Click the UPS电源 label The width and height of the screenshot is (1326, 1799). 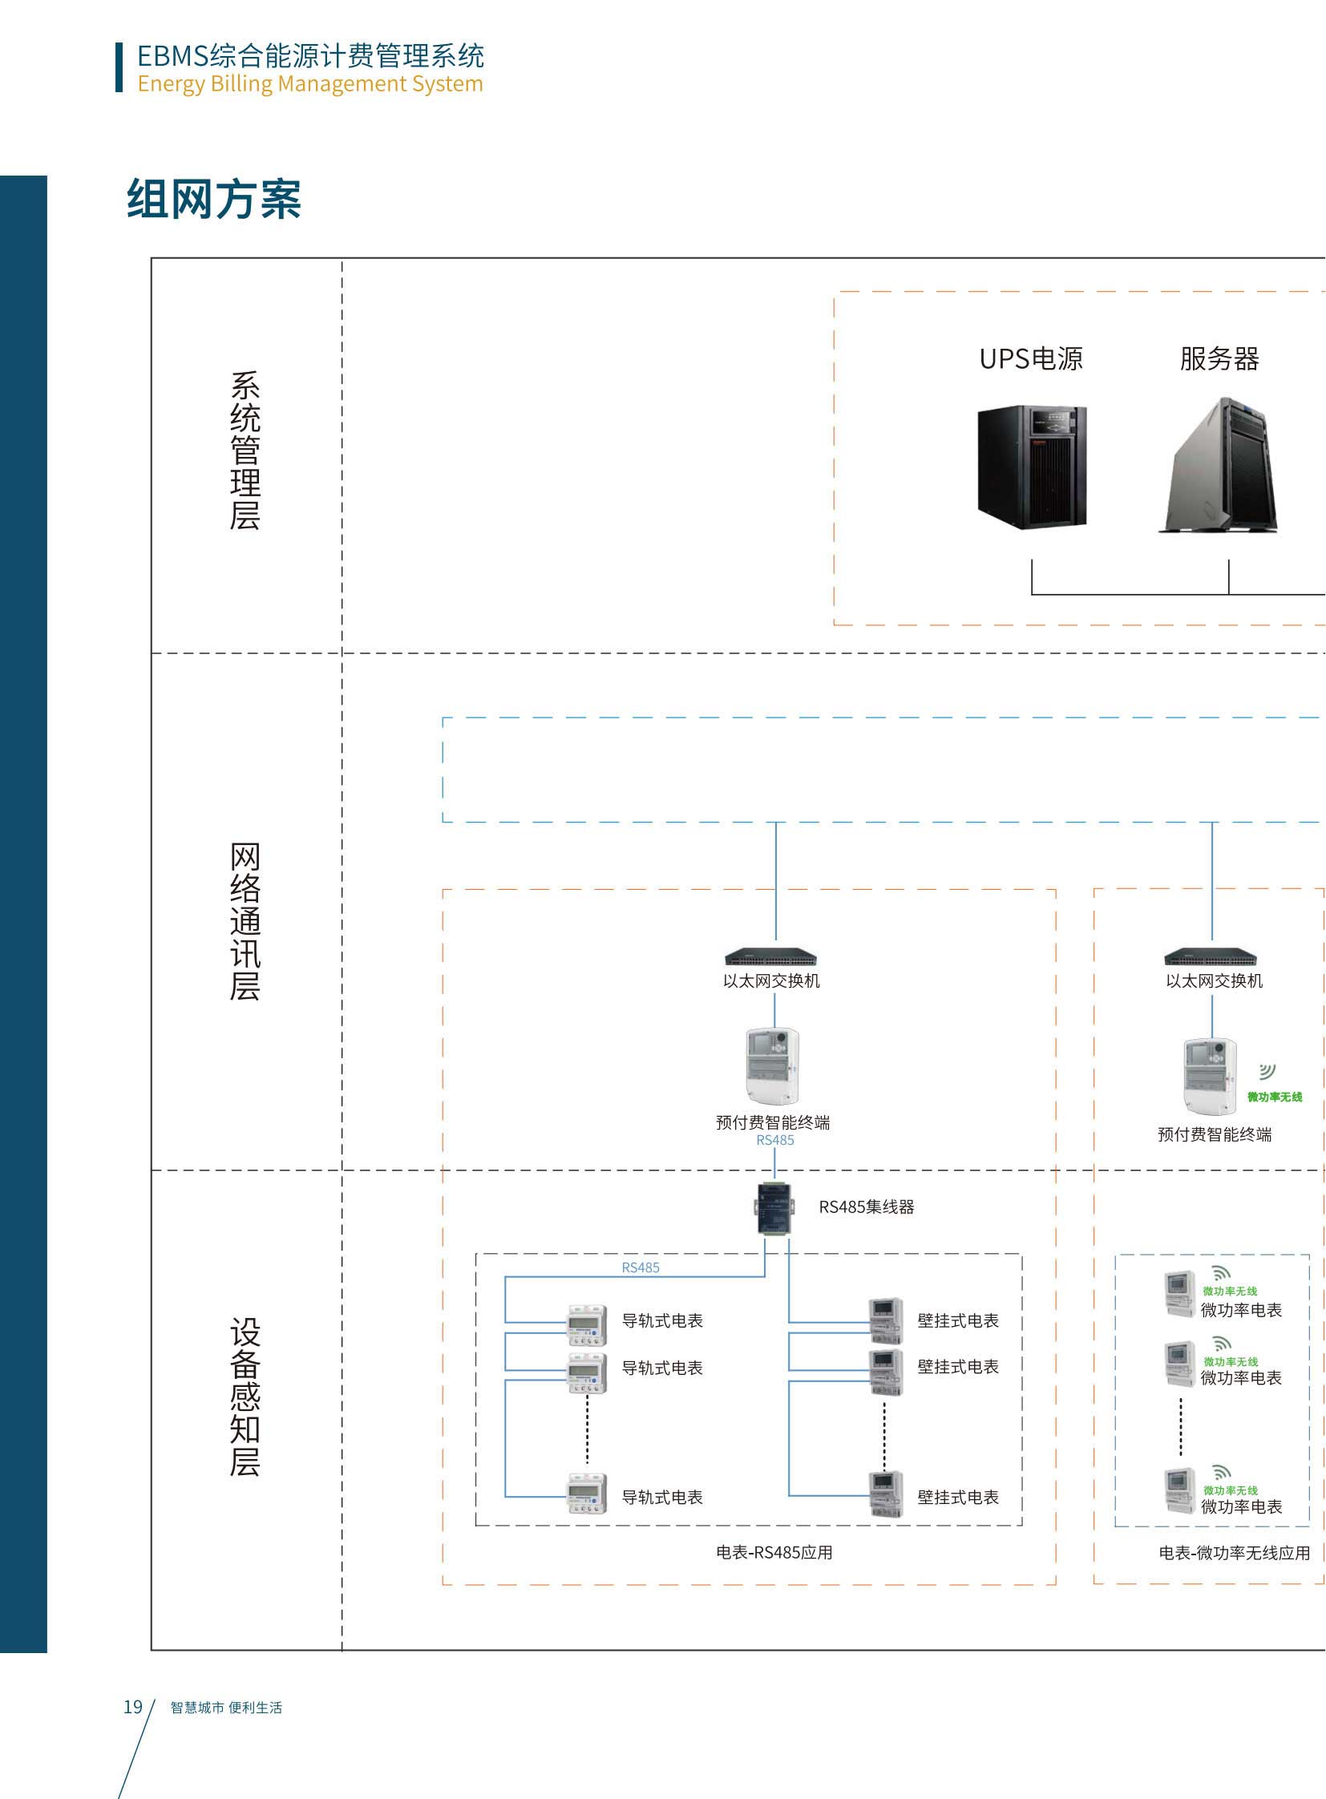click(x=1031, y=358)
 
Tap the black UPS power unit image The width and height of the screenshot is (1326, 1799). click(x=1032, y=467)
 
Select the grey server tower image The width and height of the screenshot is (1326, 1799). click(x=1219, y=465)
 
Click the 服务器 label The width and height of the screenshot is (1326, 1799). click(x=1219, y=358)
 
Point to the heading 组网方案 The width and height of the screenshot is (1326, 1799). click(x=213, y=199)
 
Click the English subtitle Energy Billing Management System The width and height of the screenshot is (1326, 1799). click(x=309, y=83)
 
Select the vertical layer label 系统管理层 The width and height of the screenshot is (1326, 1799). click(x=245, y=451)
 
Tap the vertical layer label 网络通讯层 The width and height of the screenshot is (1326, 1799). click(x=245, y=921)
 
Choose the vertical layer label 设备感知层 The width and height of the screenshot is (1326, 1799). click(x=245, y=1397)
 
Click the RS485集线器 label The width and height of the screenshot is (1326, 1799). click(x=866, y=1207)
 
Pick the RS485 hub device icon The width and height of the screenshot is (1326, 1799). click(x=774, y=1207)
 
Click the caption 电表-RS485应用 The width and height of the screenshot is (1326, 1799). click(x=774, y=1553)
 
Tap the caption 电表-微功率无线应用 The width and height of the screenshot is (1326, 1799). click(x=1234, y=1553)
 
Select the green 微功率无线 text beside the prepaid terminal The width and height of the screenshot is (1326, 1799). click(x=1274, y=1097)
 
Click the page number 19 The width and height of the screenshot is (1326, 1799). click(x=132, y=1707)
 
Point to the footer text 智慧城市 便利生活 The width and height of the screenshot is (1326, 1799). click(x=226, y=1708)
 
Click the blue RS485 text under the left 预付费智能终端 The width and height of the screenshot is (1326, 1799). click(x=774, y=1140)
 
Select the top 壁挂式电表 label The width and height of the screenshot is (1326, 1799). click(x=957, y=1320)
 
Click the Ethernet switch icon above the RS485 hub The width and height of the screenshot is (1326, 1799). click(x=770, y=956)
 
